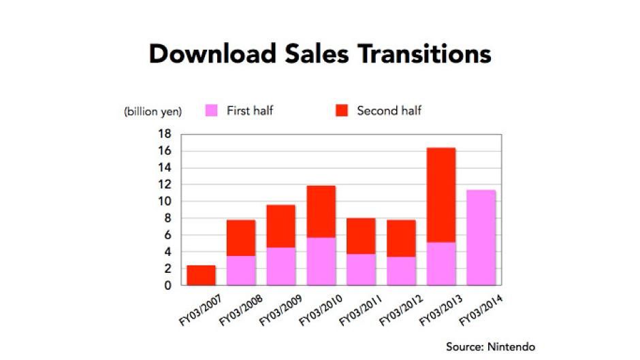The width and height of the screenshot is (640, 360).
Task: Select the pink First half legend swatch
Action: [x=212, y=110]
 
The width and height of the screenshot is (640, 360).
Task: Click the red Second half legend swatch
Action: [x=342, y=110]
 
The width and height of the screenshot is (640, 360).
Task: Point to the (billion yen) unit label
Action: [x=153, y=111]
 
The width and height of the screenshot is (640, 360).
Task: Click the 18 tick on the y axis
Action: [x=165, y=134]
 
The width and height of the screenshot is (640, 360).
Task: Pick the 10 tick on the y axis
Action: [x=165, y=201]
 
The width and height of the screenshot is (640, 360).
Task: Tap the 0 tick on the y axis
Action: [x=168, y=285]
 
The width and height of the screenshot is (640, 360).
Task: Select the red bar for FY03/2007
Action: [x=202, y=275]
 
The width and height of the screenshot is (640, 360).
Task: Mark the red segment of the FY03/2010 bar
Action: [x=321, y=212]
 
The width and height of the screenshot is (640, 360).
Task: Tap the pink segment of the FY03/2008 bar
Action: [x=241, y=270]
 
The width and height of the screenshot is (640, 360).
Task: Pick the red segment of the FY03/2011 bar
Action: [x=362, y=236]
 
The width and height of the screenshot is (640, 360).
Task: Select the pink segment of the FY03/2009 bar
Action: [x=281, y=266]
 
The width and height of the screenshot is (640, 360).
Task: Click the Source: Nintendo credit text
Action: [x=490, y=347]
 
